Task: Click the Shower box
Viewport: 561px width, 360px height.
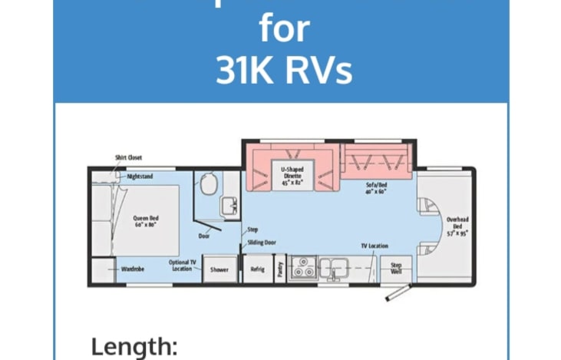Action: [219, 269]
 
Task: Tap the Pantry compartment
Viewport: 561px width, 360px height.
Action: [280, 269]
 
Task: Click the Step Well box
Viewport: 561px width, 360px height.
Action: [396, 268]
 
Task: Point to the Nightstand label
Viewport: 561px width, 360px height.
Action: [140, 177]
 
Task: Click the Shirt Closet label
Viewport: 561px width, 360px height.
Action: [128, 157]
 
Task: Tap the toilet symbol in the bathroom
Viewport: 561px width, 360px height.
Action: [205, 183]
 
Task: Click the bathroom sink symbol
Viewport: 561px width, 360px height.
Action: [228, 205]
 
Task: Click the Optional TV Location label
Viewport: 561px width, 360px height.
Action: [183, 266]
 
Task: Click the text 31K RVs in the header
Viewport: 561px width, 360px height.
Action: [284, 70]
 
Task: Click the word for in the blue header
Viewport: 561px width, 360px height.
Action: [285, 28]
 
